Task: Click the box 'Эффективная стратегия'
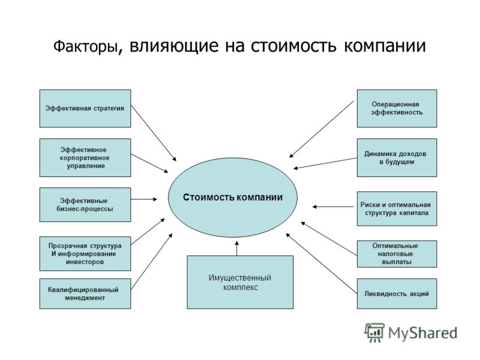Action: click(x=85, y=109)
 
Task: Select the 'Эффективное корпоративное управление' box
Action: click(x=85, y=158)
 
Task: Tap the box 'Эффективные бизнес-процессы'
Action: click(x=85, y=205)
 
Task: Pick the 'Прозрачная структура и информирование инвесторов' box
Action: click(x=85, y=253)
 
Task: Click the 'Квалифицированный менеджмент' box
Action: click(x=85, y=293)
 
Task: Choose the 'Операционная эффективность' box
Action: click(x=397, y=109)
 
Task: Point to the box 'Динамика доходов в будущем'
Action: click(x=397, y=158)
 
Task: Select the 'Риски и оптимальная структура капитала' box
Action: click(x=397, y=209)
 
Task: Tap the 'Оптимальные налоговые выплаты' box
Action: click(x=397, y=254)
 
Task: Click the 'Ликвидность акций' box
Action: click(x=397, y=293)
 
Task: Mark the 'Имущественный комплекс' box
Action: click(x=240, y=282)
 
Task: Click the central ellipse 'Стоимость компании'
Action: click(x=233, y=197)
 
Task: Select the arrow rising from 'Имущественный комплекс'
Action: click(x=236, y=248)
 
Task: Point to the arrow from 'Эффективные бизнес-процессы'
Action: click(x=144, y=199)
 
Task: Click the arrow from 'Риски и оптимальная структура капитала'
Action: click(x=333, y=206)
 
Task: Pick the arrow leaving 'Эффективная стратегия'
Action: click(x=154, y=133)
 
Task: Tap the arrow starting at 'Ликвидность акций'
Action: click(x=322, y=263)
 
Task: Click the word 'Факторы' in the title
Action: click(x=85, y=47)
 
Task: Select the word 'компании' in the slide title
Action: click(x=385, y=46)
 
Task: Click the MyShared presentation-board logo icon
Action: click(x=374, y=332)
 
